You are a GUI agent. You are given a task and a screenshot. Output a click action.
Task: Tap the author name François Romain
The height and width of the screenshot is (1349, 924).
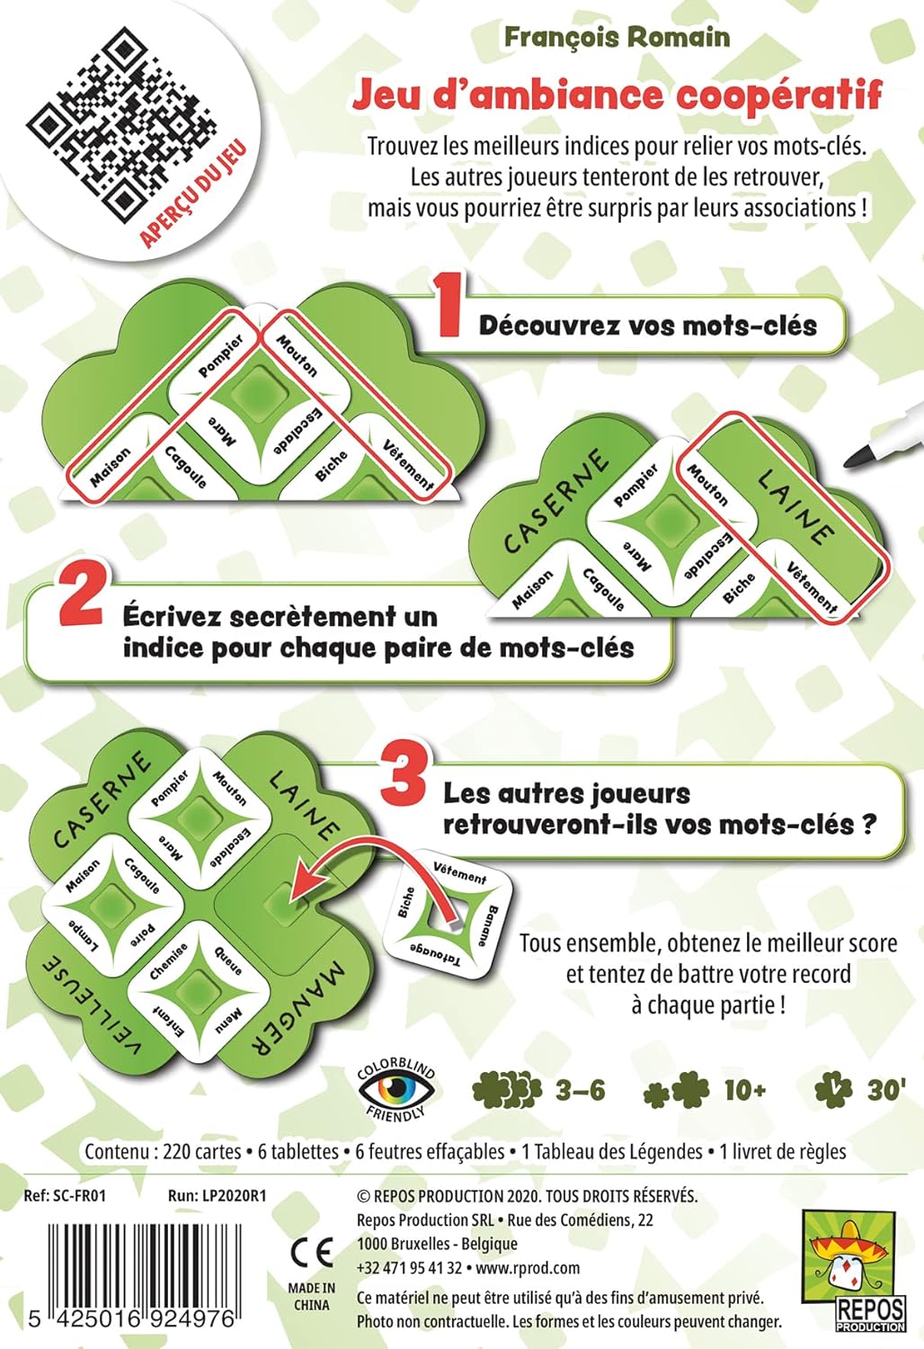tap(617, 38)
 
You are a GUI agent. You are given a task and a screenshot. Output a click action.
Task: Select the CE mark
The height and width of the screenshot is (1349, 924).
tap(311, 1252)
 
